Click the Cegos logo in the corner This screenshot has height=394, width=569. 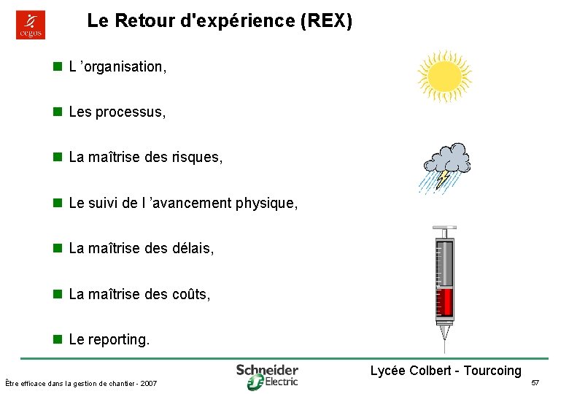click(x=31, y=24)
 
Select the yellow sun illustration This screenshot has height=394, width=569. click(x=444, y=76)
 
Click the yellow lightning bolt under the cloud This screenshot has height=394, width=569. click(x=443, y=178)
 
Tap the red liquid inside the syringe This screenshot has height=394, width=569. click(x=444, y=303)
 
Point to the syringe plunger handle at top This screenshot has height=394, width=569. click(x=444, y=228)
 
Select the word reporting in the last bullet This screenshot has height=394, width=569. click(x=118, y=340)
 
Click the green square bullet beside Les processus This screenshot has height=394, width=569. click(x=56, y=112)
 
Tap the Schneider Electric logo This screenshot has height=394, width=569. click(x=267, y=375)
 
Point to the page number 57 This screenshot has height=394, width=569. click(x=535, y=383)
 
